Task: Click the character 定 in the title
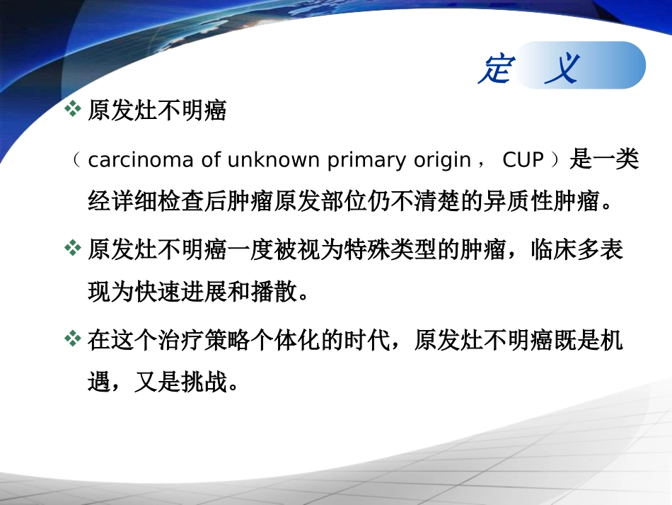pyautogui.click(x=494, y=69)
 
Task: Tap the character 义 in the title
pyautogui.click(x=562, y=69)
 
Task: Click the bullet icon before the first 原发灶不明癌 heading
pyautogui.click(x=73, y=109)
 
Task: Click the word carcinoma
pyautogui.click(x=140, y=160)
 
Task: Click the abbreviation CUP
pyautogui.click(x=523, y=160)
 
